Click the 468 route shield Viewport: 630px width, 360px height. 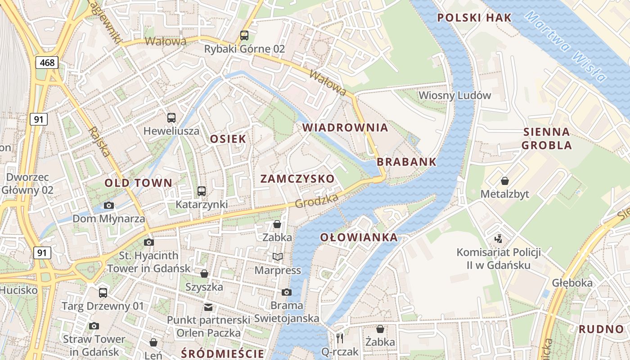(47, 63)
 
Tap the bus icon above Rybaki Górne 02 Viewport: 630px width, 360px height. (244, 35)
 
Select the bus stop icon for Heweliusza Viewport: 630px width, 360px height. (171, 118)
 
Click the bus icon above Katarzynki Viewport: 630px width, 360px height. (202, 191)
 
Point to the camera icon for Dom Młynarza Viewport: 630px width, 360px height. (108, 206)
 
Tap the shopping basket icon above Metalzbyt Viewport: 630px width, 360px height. (505, 181)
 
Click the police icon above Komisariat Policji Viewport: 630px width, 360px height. (498, 238)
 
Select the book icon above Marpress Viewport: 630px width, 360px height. (278, 257)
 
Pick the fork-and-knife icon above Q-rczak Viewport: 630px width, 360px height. (340, 338)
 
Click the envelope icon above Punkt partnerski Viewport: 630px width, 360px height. (208, 307)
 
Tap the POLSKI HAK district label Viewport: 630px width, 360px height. (475, 18)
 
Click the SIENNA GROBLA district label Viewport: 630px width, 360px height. (547, 139)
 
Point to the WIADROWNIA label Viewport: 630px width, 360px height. (345, 127)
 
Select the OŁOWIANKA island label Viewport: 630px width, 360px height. (359, 237)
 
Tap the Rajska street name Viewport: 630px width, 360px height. (100, 142)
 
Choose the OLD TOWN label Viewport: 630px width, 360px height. (138, 183)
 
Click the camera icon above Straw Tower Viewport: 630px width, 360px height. (94, 326)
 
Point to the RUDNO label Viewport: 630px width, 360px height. (601, 329)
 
